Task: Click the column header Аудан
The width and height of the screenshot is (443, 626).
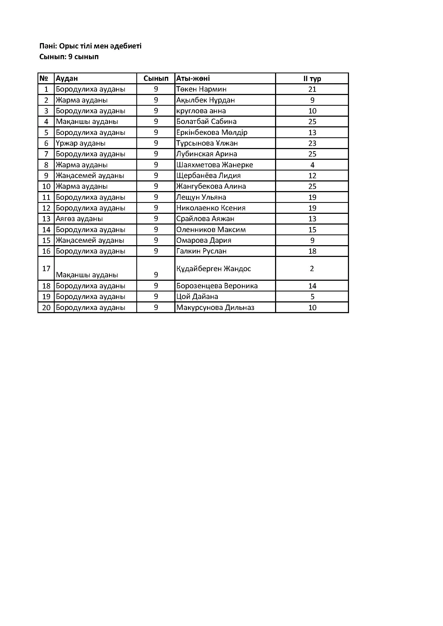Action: tap(67, 78)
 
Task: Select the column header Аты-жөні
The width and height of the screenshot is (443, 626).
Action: tap(193, 78)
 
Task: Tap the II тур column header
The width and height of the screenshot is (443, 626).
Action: tap(312, 78)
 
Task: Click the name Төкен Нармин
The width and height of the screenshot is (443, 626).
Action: tap(201, 89)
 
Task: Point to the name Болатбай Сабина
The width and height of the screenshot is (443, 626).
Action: tap(206, 122)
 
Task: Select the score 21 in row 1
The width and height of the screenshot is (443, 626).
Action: tap(312, 89)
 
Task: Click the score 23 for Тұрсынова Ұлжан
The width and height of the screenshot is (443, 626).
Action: tap(312, 143)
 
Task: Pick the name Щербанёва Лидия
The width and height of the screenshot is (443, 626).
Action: tap(208, 176)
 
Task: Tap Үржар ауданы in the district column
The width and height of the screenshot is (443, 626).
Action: tap(80, 143)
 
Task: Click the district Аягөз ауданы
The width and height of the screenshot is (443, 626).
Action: tap(79, 219)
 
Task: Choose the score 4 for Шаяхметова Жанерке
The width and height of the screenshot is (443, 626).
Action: tap(312, 165)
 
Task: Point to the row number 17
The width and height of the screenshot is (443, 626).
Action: tap(46, 268)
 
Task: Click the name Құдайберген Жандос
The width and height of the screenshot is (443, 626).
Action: tap(213, 268)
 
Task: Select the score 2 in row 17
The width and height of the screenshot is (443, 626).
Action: tap(312, 268)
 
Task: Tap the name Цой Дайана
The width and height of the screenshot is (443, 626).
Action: tap(197, 297)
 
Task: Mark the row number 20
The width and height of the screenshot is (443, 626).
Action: tap(46, 308)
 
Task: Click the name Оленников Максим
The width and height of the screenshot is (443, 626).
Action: tap(211, 230)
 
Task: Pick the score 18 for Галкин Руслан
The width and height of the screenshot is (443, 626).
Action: tap(312, 251)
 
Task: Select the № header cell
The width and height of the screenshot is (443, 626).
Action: tap(44, 78)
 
